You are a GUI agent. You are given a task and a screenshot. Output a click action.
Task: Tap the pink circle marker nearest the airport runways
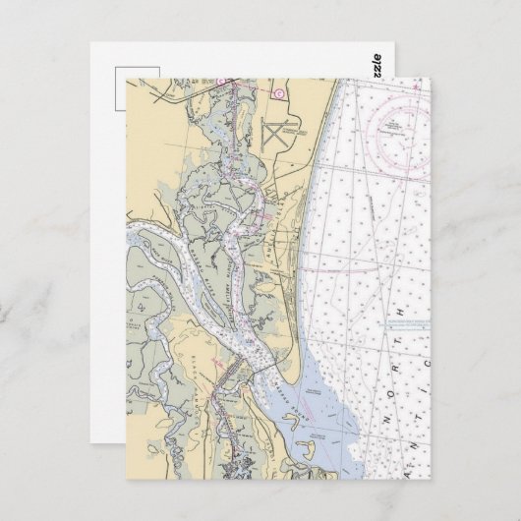click(x=278, y=94)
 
